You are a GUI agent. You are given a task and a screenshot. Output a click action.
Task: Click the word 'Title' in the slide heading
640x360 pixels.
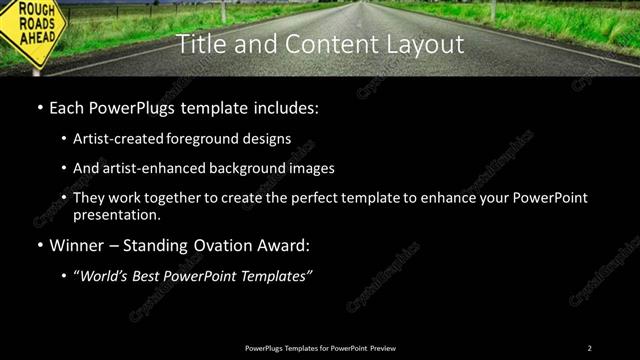click(199, 44)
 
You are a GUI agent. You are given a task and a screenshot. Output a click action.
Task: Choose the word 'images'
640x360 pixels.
click(312, 168)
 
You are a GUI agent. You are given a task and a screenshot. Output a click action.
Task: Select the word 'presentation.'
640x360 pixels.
click(117, 215)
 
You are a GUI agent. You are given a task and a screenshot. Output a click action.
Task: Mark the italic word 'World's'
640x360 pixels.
click(104, 276)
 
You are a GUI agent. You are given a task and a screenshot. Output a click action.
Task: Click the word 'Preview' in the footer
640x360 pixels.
click(383, 348)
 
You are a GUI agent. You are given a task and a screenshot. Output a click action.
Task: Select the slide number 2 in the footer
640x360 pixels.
click(589, 348)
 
